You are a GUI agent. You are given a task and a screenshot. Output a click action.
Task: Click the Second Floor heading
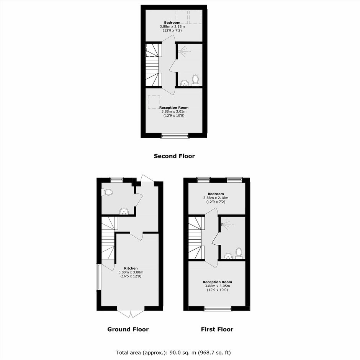(x=174, y=156)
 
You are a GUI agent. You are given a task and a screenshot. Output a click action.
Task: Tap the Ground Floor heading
(x=128, y=329)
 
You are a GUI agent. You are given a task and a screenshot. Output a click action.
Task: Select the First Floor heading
(x=217, y=329)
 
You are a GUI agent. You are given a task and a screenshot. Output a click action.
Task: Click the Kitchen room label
(x=131, y=268)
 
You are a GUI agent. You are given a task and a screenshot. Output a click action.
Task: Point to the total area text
(x=173, y=352)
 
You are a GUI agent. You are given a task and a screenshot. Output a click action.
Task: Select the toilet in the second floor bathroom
(x=195, y=80)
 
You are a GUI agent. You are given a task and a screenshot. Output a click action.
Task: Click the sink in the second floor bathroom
(x=185, y=83)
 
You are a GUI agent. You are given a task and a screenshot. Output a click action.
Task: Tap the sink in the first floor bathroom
(x=228, y=256)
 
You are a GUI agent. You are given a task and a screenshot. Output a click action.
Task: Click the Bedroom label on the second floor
(x=172, y=23)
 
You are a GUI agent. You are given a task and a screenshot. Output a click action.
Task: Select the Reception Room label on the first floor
(x=217, y=282)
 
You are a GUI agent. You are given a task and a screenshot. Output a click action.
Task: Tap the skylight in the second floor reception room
(x=154, y=102)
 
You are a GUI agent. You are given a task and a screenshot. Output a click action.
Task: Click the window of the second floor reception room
(x=175, y=136)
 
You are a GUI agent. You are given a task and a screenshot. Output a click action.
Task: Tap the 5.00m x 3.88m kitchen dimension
(x=131, y=272)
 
